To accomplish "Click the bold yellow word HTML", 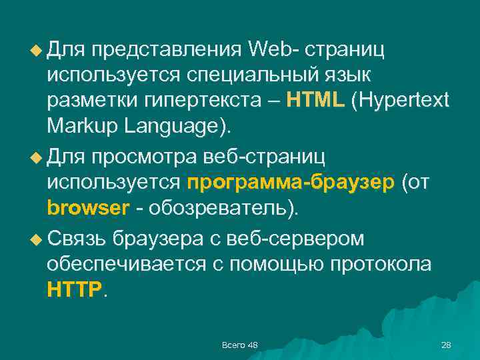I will [315, 100].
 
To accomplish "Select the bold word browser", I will [88, 208].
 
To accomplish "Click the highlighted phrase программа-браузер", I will [291, 183].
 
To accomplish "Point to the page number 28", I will [446, 345].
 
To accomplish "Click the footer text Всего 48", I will [240, 345].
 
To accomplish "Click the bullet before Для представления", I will [37, 49].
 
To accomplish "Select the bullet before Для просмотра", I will [37, 157].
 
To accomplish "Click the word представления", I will [167, 49].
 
